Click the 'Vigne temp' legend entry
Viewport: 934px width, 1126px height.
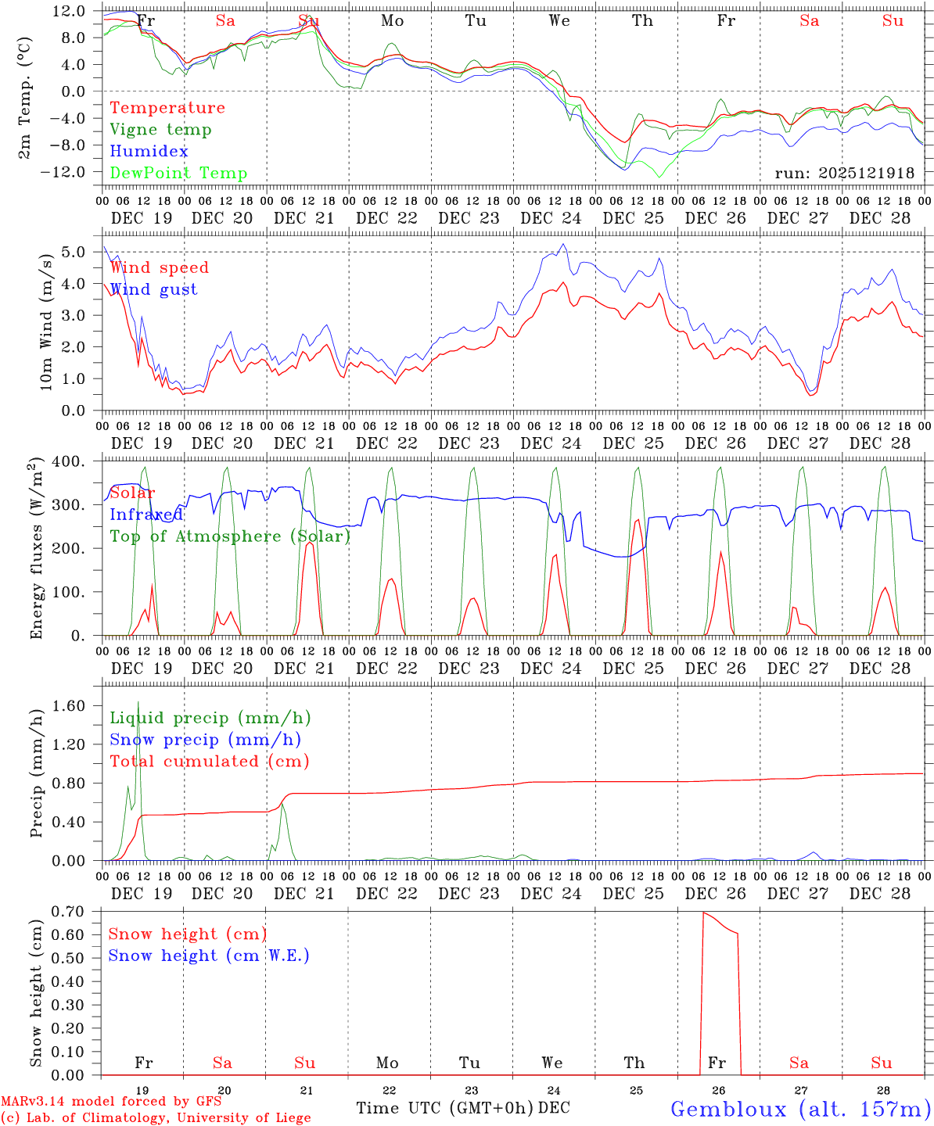tap(160, 130)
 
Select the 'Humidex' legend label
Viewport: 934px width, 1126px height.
tap(149, 152)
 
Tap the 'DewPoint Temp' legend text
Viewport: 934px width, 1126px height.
tap(178, 174)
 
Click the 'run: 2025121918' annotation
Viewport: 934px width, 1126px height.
tap(844, 173)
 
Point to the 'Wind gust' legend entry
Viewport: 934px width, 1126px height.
tap(153, 289)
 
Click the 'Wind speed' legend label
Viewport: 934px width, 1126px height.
tap(160, 267)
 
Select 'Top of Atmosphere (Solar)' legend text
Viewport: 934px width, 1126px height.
tap(230, 536)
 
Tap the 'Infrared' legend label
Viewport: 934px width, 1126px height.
tap(146, 515)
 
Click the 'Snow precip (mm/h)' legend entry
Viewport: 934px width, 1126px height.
tap(205, 740)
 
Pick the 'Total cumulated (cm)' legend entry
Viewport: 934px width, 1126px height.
tap(210, 762)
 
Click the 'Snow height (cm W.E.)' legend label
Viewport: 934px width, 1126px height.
tap(209, 956)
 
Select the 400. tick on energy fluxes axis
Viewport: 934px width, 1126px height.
tap(69, 461)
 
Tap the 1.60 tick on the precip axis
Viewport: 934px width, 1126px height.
tap(69, 706)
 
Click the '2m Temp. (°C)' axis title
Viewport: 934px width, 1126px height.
tap(25, 98)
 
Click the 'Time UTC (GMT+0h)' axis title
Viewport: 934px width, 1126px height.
tap(445, 1108)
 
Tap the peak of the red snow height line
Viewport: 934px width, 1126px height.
tap(703, 913)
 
